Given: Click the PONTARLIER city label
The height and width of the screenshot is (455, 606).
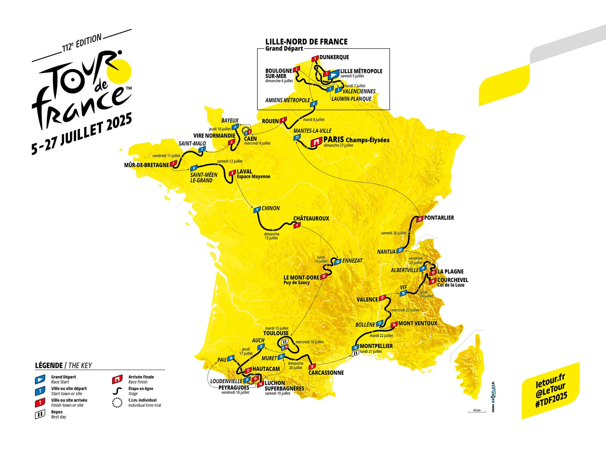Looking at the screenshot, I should [x=439, y=218].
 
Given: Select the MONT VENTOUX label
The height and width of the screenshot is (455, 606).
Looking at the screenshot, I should [x=418, y=323].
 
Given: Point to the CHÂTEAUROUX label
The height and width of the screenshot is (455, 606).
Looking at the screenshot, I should [x=311, y=219].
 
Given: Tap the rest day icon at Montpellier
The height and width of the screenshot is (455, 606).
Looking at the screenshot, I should [x=355, y=353].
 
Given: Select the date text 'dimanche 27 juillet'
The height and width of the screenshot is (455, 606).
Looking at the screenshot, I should [x=338, y=145].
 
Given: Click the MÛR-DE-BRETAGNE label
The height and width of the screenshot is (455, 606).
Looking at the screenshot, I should [x=146, y=165].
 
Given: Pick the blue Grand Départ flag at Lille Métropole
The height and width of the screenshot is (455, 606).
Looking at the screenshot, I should [x=335, y=74].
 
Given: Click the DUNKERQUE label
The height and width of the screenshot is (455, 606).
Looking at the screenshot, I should [x=334, y=57].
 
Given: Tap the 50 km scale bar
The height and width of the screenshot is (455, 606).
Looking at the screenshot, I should [x=477, y=412].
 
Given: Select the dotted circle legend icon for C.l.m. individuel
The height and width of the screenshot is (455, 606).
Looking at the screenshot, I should [x=117, y=403].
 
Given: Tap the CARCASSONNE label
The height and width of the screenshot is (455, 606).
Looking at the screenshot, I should [x=326, y=373].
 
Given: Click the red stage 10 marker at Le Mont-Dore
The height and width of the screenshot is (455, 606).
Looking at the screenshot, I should [x=323, y=276].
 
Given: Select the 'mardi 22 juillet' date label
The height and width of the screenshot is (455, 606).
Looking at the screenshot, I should [x=381, y=336].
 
